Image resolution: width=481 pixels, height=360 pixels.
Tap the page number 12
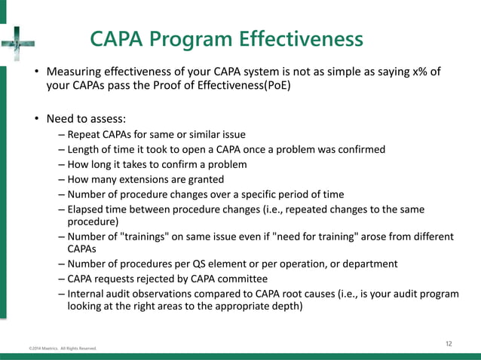coord(449,344)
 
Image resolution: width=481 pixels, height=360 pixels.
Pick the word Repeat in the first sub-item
coord(84,135)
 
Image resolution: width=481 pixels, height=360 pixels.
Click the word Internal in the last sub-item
coord(87,293)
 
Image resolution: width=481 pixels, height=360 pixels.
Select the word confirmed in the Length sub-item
coord(360,150)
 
